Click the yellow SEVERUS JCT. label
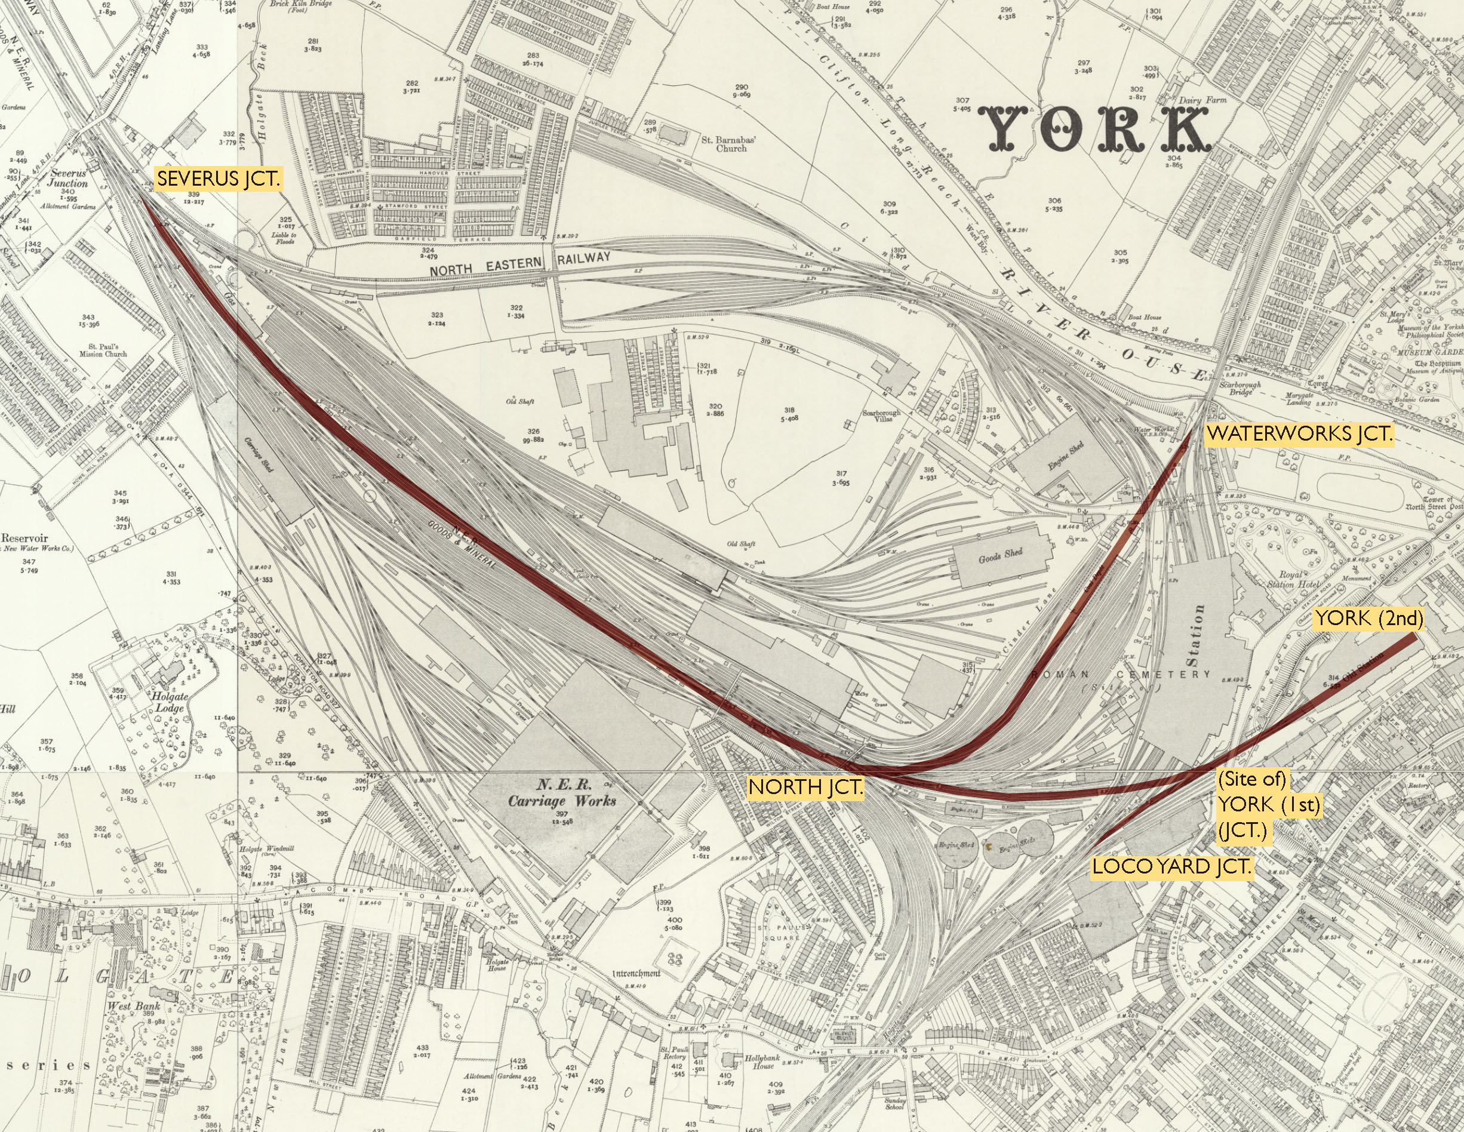coord(218,180)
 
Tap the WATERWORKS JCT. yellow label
coord(1299,433)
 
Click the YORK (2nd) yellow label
coord(1367,618)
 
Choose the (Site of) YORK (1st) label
coord(1250,805)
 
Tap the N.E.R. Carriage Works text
coord(562,792)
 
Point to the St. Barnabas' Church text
coord(730,144)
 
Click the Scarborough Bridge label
coord(1240,389)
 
